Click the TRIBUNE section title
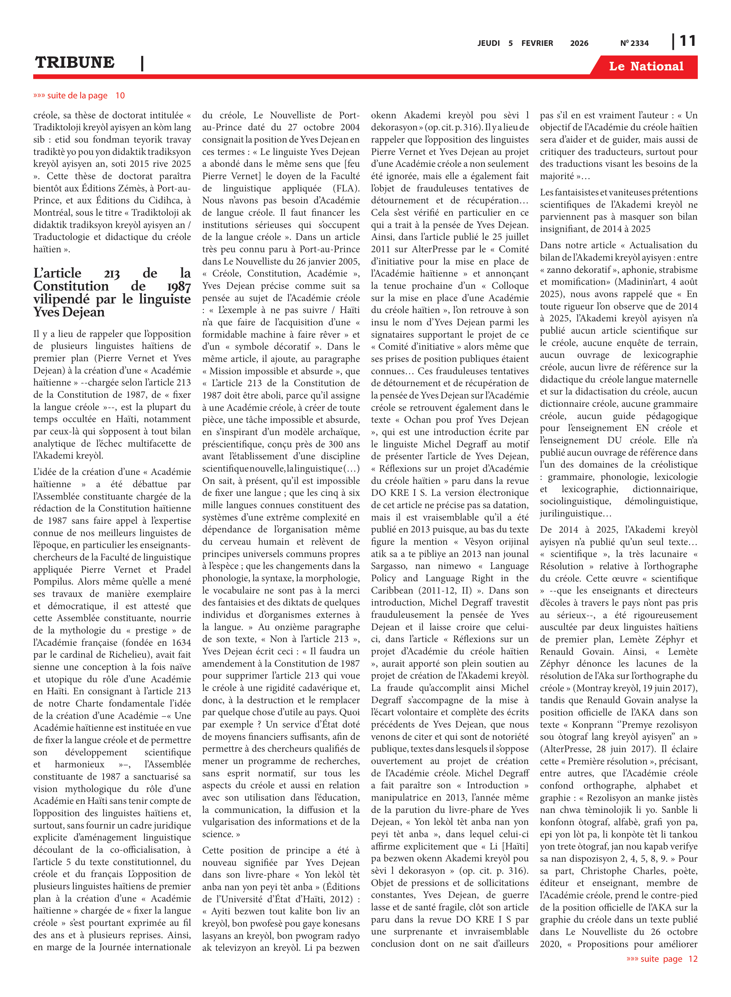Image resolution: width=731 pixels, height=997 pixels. pos(75,62)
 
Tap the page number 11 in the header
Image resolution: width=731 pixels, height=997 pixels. pos(687,41)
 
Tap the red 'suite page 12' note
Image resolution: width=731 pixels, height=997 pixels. pos(662,958)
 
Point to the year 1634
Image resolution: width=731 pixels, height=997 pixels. pos(181,642)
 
